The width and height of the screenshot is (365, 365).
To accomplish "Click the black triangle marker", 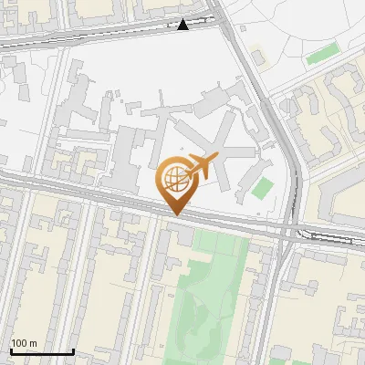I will click(x=183, y=25).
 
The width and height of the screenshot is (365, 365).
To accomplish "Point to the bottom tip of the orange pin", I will click(x=175, y=214).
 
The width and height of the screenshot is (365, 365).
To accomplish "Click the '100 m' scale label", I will click(x=24, y=343).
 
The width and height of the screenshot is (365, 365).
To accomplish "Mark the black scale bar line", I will click(x=42, y=352).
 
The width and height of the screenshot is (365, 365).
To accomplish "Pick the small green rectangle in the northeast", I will click(x=320, y=55).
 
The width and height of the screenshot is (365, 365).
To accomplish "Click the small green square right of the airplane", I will click(x=263, y=189).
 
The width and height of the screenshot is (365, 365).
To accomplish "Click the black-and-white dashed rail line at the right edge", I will click(x=328, y=237).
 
